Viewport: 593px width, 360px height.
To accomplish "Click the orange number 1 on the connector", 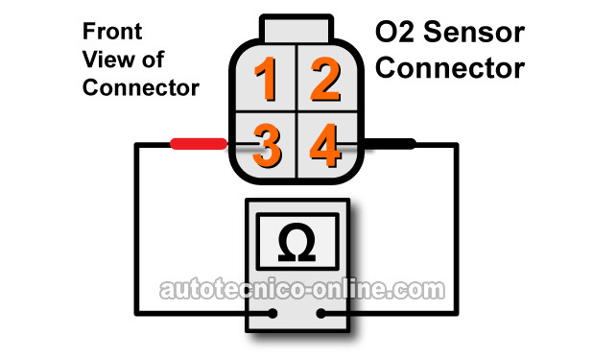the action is [266, 79].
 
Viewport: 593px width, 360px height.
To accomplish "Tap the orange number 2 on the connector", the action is [326, 79].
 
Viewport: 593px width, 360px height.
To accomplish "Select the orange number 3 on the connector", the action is [267, 146].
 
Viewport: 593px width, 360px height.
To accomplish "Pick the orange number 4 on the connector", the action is [325, 146].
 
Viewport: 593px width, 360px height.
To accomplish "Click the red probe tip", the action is [199, 144].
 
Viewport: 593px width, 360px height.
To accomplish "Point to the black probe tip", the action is [390, 144].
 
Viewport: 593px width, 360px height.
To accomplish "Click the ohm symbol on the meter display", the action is [296, 242].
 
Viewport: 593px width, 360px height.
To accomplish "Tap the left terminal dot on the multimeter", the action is [273, 313].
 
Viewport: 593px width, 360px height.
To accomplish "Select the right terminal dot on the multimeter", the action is [320, 313].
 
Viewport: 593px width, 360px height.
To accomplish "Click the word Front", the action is [112, 31].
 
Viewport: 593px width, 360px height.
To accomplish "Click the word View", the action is [105, 60].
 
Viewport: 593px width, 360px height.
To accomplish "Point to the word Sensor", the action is [474, 32].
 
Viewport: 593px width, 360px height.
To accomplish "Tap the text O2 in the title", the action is [395, 32].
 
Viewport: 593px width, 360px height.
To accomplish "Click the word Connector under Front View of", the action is [141, 87].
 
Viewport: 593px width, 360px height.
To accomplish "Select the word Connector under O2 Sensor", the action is [450, 68].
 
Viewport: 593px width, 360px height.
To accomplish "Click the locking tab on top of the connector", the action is [296, 29].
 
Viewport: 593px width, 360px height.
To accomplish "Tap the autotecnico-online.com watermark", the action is [302, 290].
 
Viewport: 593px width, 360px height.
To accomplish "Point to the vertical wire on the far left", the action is [137, 228].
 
